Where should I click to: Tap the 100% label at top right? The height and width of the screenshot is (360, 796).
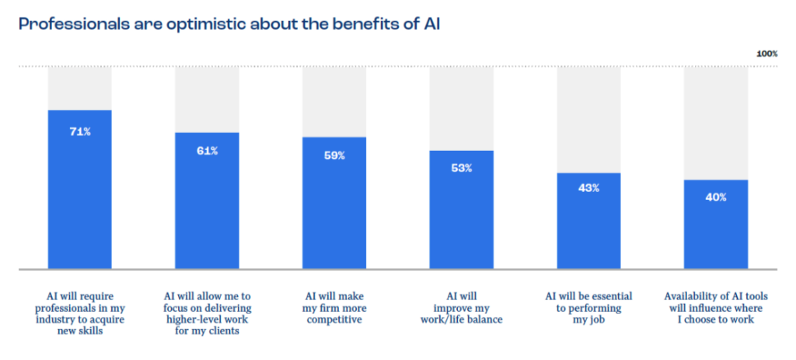click(766, 54)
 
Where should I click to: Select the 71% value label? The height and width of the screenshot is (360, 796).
click(79, 132)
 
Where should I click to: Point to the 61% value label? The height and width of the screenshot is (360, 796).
click(207, 151)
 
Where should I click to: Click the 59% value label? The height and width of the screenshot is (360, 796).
click(334, 156)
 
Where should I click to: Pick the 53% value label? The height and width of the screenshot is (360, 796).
click(462, 168)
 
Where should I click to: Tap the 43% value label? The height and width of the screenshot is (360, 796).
click(588, 189)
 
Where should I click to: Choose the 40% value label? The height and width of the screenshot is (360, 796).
click(716, 197)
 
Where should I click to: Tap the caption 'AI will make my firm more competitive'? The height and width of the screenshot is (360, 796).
click(334, 307)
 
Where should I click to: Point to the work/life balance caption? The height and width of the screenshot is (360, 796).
click(462, 307)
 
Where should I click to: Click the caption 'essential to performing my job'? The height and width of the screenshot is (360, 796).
click(588, 307)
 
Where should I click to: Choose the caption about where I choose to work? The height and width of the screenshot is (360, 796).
click(716, 307)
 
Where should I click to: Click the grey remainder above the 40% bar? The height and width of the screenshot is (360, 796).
click(716, 123)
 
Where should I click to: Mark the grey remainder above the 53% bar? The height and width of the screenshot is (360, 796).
click(462, 108)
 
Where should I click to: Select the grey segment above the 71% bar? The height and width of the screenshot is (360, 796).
click(79, 88)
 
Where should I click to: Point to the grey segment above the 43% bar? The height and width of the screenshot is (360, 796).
click(588, 119)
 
